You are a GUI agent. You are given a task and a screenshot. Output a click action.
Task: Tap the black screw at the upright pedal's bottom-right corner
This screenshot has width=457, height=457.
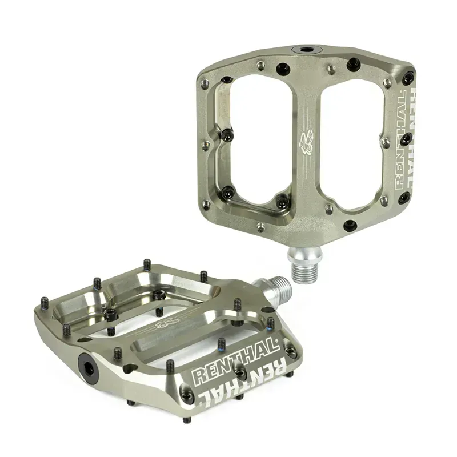tap(404, 198)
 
